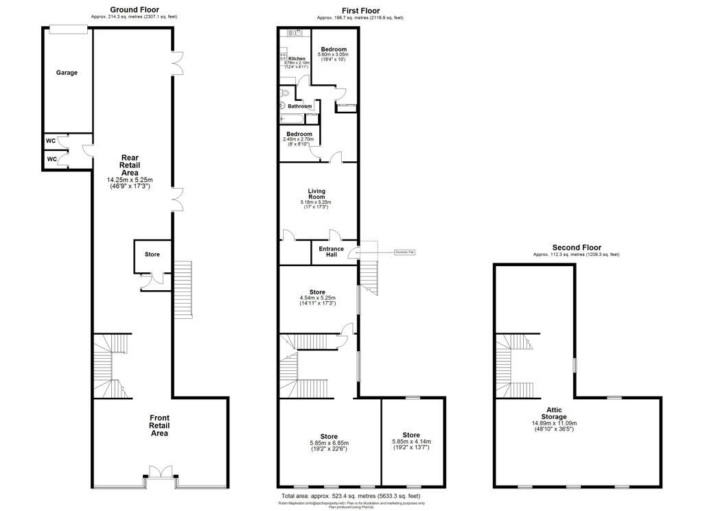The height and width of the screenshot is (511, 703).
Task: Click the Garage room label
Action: pyautogui.click(x=67, y=73)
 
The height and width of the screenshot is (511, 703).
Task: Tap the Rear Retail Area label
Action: pyautogui.click(x=130, y=165)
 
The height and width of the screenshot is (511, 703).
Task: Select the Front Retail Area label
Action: pyautogui.click(x=159, y=425)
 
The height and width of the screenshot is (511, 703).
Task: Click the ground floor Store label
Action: pyautogui.click(x=152, y=254)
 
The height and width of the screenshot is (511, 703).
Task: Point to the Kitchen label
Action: pyautogui.click(x=297, y=59)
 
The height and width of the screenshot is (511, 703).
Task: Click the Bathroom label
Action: pyautogui.click(x=300, y=106)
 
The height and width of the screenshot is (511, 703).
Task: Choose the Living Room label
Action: pyautogui.click(x=317, y=193)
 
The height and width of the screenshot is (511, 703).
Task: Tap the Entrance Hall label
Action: pyautogui.click(x=331, y=252)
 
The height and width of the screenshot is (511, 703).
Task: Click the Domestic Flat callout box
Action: pyautogui.click(x=406, y=252)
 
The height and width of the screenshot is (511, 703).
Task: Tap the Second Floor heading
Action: pyautogui.click(x=576, y=248)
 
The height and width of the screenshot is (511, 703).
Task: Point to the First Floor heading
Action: pyautogui.click(x=360, y=10)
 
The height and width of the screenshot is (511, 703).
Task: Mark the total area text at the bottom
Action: pyautogui.click(x=351, y=496)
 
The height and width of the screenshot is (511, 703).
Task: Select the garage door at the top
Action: pyautogui.click(x=69, y=29)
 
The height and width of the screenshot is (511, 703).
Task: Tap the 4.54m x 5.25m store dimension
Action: pyautogui.click(x=317, y=298)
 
